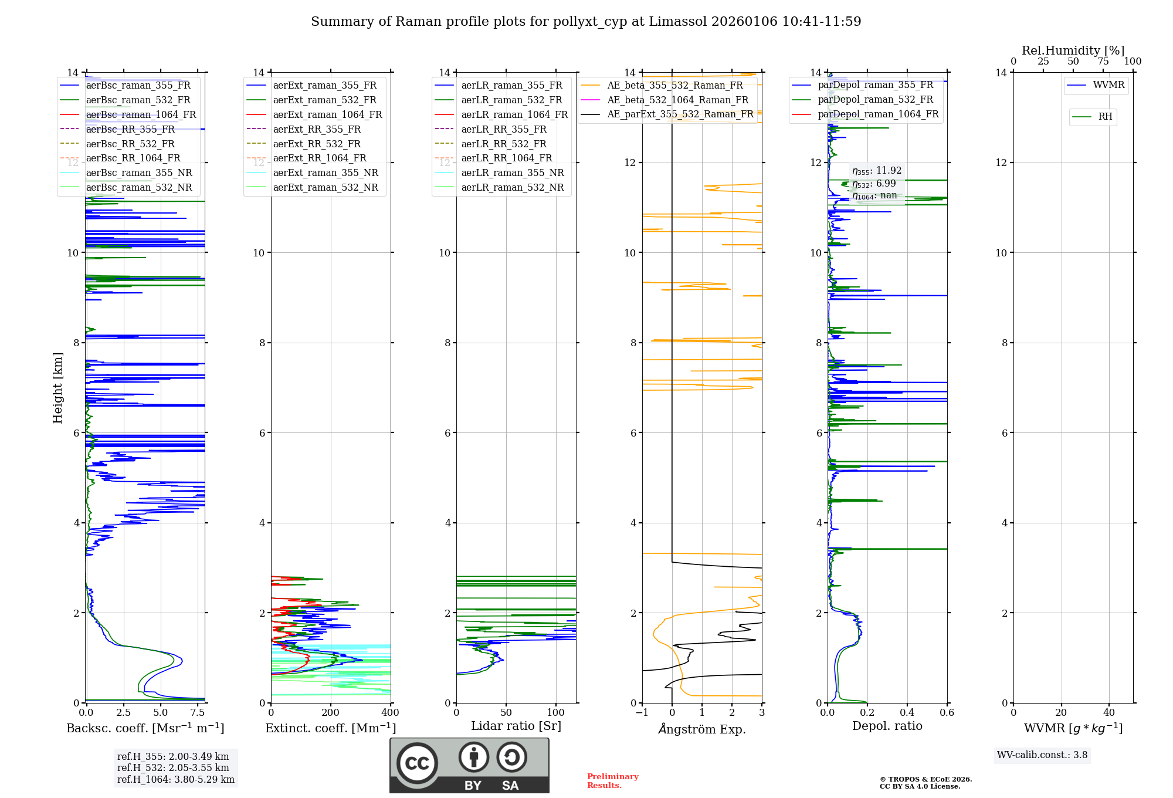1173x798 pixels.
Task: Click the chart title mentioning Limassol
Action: coord(586,22)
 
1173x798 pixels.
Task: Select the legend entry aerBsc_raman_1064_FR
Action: coord(141,114)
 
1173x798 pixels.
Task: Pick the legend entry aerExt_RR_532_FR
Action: coord(317,144)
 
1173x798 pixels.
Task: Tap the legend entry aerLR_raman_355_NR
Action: coord(512,173)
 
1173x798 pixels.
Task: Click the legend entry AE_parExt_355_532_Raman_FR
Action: coord(680,114)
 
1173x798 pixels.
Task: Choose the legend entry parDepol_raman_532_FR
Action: coord(875,99)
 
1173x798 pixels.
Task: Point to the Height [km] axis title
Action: coord(57,388)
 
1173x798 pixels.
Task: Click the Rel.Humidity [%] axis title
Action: coord(1073,50)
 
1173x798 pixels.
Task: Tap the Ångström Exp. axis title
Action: coord(702,729)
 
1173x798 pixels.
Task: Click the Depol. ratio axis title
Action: coord(887,726)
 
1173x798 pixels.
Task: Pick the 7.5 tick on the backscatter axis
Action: coord(198,713)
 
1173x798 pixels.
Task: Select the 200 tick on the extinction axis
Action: coord(331,713)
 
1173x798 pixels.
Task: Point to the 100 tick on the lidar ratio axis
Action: coord(555,713)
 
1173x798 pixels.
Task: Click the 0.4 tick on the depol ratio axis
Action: coord(907,713)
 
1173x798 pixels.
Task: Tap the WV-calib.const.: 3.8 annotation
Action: coord(1042,755)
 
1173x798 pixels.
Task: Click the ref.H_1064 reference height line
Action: coord(176,780)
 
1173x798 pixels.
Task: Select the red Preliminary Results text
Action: coord(612,781)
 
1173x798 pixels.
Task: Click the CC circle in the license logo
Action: coord(417,763)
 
